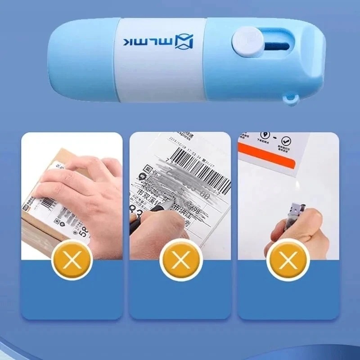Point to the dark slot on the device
273,45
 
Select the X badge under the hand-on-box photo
72,260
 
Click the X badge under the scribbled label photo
180,260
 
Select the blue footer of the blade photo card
288,297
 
